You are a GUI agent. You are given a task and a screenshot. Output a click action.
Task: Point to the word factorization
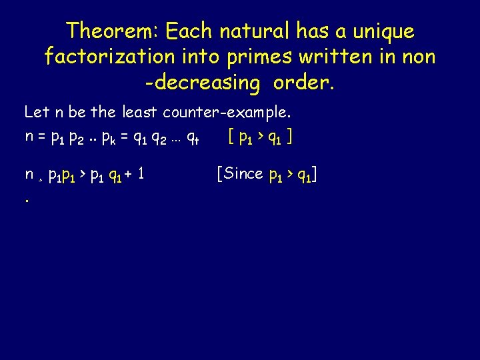[x=109, y=57]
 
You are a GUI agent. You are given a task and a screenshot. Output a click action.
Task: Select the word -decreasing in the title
[x=202, y=83]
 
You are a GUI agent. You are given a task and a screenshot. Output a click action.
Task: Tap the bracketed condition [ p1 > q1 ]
[x=260, y=138]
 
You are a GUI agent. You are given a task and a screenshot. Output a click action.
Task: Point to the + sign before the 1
[x=125, y=175]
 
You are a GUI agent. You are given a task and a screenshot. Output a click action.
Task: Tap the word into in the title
[x=201, y=57]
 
